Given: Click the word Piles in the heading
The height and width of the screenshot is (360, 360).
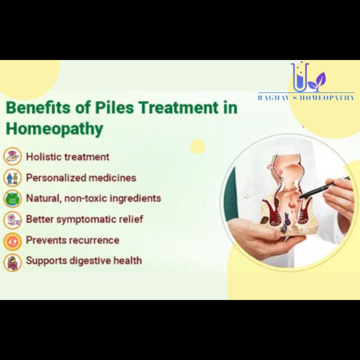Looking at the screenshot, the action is (114, 108).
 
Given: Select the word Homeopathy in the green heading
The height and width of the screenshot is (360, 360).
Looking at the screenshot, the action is (54, 129).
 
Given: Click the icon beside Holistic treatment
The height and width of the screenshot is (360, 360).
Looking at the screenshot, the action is (12, 156).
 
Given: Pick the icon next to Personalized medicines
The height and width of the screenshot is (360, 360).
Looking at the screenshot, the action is (12, 178).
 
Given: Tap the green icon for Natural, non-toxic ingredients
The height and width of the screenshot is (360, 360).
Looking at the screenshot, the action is (12, 198).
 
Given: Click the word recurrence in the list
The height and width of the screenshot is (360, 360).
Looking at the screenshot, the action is (94, 240).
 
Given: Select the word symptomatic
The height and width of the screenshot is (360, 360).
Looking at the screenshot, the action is (86, 220).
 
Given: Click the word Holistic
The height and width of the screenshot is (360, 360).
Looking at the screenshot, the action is (44, 157).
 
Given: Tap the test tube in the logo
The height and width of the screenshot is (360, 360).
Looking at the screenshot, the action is (300, 77).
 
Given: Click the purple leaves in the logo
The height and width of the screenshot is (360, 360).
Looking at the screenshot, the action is (317, 82).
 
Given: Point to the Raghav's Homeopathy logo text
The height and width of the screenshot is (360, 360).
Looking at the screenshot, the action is (306, 98).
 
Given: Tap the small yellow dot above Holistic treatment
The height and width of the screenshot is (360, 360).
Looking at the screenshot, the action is (198, 146).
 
